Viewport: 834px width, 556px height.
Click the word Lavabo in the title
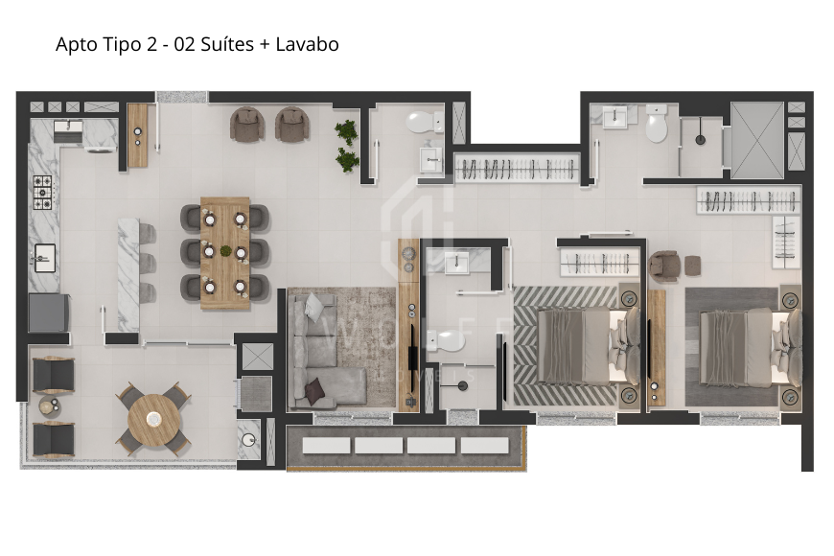tap(307, 44)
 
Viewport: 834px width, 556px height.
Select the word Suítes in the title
tap(223, 44)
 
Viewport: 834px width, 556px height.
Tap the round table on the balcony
tap(153, 416)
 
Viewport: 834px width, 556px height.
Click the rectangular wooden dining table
tap(225, 252)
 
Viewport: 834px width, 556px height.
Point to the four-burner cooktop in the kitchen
tap(42, 193)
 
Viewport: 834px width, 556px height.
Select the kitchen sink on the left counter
tap(43, 257)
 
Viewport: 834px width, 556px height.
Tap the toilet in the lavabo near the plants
tap(421, 122)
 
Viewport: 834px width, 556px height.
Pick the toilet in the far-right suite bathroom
tap(656, 126)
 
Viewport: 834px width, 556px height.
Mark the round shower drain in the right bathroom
tap(701, 140)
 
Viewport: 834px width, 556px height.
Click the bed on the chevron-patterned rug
tap(575, 345)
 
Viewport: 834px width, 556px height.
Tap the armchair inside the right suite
tap(665, 265)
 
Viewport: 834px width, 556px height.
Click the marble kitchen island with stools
tap(128, 273)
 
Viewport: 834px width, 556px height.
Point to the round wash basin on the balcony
tap(248, 441)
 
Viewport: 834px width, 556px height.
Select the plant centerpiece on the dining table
tap(225, 252)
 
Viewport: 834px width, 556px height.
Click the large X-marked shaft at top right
tap(756, 140)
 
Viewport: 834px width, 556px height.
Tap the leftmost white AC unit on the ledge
tap(326, 446)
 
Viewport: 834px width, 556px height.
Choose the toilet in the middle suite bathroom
tap(447, 339)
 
